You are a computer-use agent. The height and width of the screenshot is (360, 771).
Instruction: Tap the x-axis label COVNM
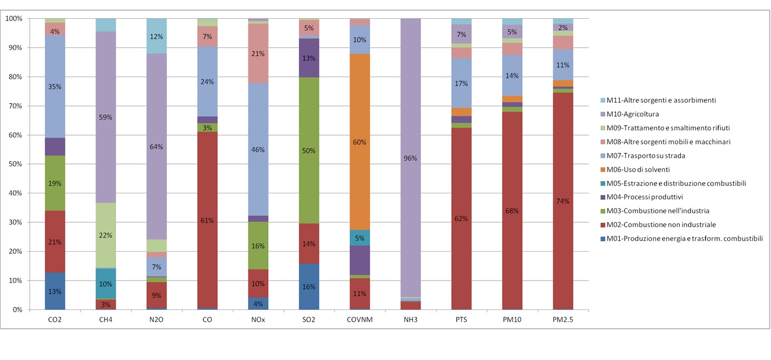pyautogui.click(x=360, y=319)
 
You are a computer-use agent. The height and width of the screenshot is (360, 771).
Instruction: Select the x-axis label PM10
pyautogui.click(x=512, y=319)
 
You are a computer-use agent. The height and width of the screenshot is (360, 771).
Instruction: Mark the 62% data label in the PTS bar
pyautogui.click(x=461, y=218)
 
